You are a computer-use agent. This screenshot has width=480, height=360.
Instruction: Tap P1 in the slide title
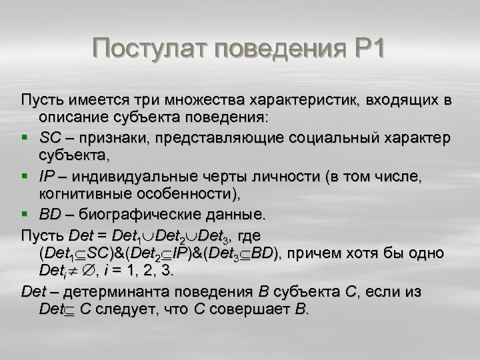(366, 49)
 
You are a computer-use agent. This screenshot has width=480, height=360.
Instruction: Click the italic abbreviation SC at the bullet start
(49, 137)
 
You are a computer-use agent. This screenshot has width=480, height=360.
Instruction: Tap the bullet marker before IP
(25, 177)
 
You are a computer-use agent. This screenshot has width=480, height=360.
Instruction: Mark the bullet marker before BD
(25, 215)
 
